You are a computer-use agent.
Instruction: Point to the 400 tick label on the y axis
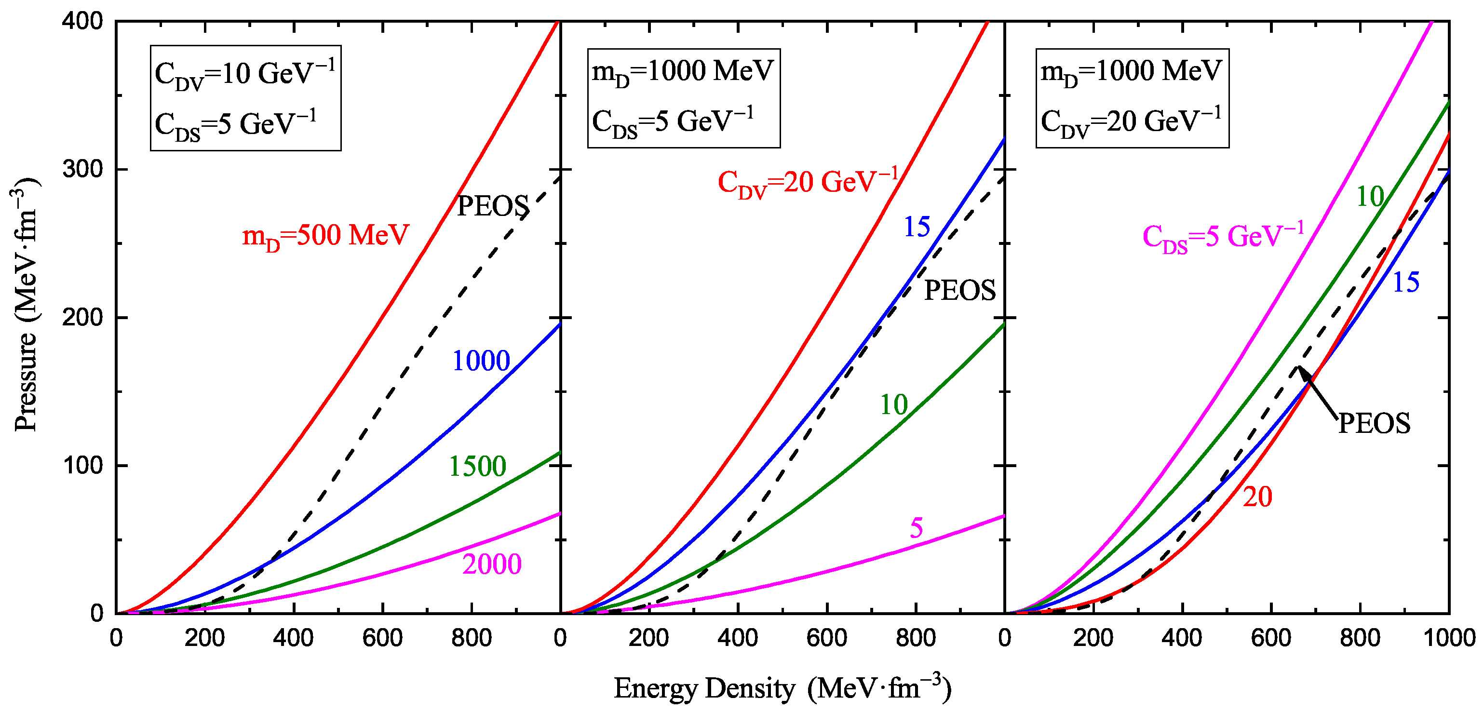coord(82,22)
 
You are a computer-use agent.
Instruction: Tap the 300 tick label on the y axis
coord(82,169)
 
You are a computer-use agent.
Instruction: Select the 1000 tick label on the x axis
coord(1448,638)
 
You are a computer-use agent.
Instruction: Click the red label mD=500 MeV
coord(325,236)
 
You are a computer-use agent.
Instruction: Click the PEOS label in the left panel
coord(493,206)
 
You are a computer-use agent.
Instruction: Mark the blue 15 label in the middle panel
coord(916,227)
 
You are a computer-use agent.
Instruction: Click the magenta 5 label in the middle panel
coord(916,528)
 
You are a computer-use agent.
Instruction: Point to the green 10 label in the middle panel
coord(893,405)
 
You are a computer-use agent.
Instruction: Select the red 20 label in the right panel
coord(1257,497)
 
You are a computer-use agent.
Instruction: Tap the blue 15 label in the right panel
coord(1405,283)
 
